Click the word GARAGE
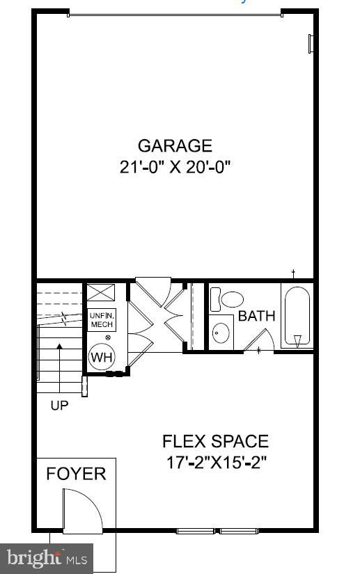174,146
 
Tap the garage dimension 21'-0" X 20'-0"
174,167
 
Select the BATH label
256,316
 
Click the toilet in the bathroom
230,299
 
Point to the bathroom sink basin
222,332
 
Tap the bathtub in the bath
297,317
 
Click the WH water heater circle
101,358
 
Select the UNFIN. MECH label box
101,320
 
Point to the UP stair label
59,405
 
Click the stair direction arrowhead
59,346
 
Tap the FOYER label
76,474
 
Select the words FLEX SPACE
215,441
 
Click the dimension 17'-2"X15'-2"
215,461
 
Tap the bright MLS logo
47,558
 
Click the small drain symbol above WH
107,338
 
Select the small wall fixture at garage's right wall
311,43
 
